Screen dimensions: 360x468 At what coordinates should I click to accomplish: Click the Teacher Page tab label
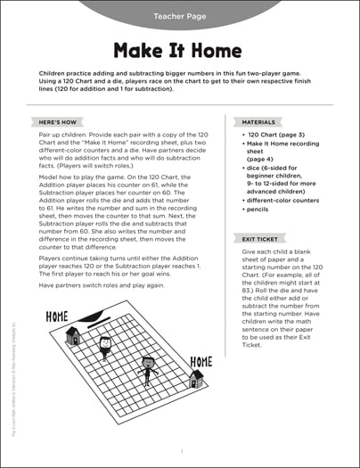[180, 16]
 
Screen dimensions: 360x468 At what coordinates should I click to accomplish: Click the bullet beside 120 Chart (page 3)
[241, 139]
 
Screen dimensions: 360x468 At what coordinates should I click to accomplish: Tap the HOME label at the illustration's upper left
[56, 316]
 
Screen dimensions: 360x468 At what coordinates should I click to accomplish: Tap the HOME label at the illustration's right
[200, 361]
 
